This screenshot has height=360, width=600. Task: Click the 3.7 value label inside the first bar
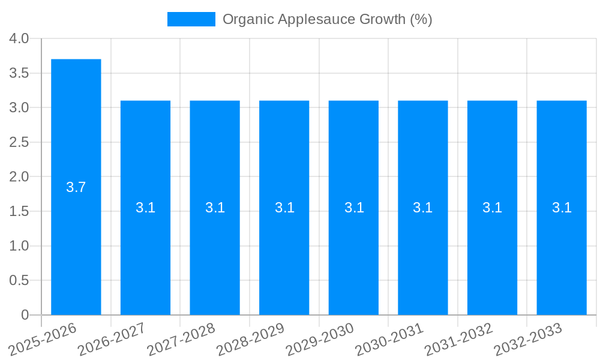76,187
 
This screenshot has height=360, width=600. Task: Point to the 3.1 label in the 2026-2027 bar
146,208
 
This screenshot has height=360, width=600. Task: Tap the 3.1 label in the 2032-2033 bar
562,208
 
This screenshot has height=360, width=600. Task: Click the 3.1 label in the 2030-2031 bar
423,208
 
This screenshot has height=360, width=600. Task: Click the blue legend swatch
191,19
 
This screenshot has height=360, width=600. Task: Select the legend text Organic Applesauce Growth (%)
327,19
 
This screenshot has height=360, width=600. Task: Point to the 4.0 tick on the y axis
19,38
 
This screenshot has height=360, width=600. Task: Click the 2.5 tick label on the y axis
19,142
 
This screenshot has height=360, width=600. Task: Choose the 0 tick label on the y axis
25,315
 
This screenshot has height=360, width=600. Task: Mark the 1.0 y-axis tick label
19,246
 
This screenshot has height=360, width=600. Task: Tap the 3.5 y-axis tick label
19,73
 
